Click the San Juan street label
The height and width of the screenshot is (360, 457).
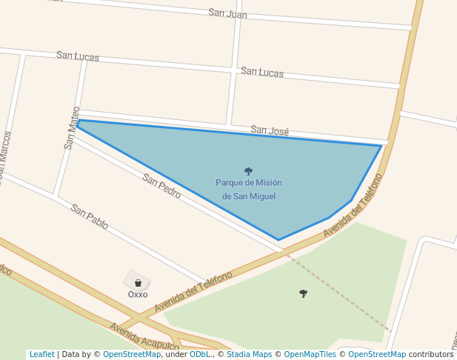(227, 13)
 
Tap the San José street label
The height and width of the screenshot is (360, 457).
(270, 130)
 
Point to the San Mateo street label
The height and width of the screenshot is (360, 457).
(72, 128)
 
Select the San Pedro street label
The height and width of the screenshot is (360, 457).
(161, 186)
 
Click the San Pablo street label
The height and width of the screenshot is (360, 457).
(90, 216)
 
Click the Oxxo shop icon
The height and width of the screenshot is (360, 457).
(138, 282)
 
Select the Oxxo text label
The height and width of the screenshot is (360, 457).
(138, 294)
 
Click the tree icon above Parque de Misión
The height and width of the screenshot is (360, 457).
(248, 171)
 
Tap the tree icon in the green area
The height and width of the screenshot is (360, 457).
(303, 293)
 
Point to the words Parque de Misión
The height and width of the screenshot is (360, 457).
(248, 183)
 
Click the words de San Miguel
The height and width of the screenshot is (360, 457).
(248, 196)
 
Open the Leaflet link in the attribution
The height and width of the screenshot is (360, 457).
(41, 354)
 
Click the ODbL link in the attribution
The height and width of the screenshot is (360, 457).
(200, 354)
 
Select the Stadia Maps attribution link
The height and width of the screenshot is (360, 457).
(249, 354)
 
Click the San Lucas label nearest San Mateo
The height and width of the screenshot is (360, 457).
(78, 56)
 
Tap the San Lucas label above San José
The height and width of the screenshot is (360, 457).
(262, 72)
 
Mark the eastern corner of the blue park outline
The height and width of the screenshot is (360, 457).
(381, 146)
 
